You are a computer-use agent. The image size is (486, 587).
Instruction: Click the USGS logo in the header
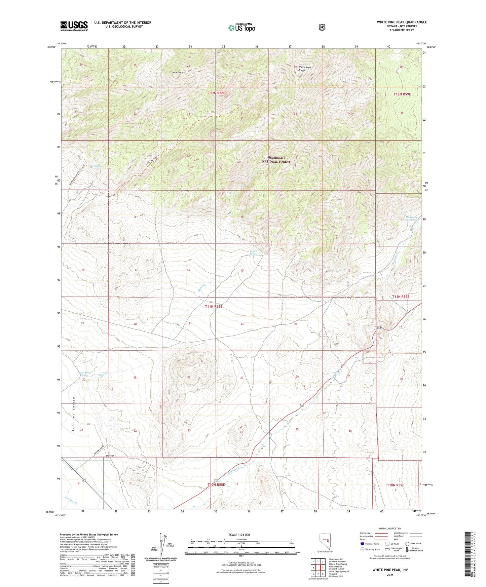coord(74,26)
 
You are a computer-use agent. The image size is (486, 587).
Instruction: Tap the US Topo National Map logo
coord(242,27)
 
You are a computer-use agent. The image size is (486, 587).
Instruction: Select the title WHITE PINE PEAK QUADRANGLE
coord(402,22)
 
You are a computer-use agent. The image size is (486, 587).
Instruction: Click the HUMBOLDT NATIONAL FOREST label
coord(276,160)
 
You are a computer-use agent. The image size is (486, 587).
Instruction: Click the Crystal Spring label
coord(254,253)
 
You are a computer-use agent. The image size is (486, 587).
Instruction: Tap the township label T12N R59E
coord(402,94)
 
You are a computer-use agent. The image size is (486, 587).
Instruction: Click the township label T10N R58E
coord(216,484)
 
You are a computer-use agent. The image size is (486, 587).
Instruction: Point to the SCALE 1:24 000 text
coord(239,535)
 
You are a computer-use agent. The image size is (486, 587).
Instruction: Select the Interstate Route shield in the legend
coord(362,544)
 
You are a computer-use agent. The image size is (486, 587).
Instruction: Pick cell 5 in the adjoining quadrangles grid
coord(323,568)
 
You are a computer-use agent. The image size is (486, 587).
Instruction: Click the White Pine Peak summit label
coord(179,72)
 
